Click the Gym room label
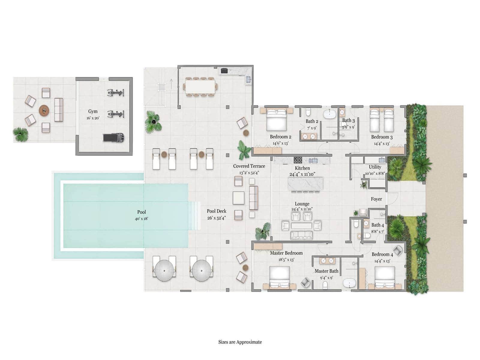93,111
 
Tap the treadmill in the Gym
114,137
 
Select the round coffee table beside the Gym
44,110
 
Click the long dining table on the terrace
200,87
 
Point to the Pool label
142,212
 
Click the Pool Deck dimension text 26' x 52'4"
217,218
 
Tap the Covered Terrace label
249,166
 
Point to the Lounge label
302,204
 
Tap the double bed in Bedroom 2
276,120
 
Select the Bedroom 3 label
382,137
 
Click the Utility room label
375,167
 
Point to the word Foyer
376,199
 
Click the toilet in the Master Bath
325,285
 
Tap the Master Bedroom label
286,253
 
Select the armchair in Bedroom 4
397,250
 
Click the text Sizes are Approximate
240,342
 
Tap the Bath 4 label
377,225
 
